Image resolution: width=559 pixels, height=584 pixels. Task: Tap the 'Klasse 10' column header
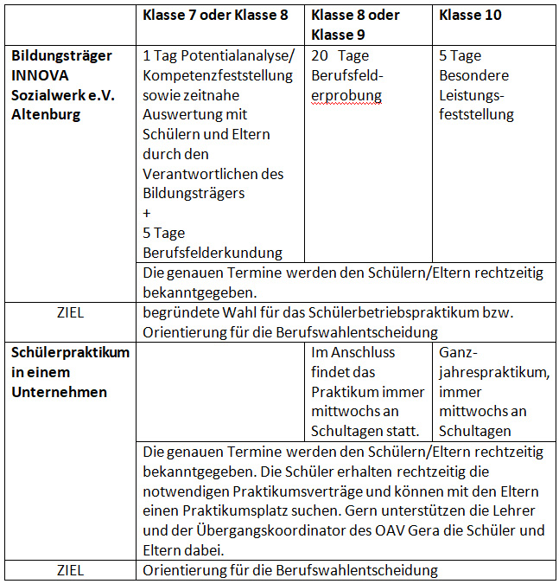[x=470, y=15]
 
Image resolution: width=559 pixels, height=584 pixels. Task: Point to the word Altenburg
[x=45, y=114]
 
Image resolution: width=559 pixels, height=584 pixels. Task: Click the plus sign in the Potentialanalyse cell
[x=148, y=213]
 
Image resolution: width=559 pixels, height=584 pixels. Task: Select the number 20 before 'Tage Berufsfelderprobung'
[x=320, y=55]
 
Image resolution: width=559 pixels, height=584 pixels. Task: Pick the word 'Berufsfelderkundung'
[x=213, y=253]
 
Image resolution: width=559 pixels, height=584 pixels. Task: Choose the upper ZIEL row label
[x=70, y=312]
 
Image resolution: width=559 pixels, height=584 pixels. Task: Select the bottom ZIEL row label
[x=70, y=570]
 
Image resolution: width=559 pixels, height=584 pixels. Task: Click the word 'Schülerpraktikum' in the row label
[x=70, y=353]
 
